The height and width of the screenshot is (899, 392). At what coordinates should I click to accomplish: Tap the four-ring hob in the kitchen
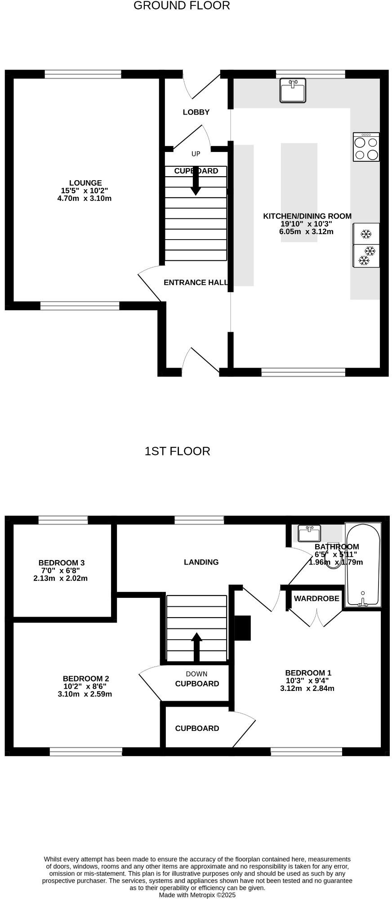coord(366,147)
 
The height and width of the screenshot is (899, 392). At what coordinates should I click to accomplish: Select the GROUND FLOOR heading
coord(182,6)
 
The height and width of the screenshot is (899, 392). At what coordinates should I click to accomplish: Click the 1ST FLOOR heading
coord(177,451)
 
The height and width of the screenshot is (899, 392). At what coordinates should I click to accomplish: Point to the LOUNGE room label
coord(85,183)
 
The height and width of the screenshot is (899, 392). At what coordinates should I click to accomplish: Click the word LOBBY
coord(196,112)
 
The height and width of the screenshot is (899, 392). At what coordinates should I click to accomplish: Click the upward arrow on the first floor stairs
coord(196,646)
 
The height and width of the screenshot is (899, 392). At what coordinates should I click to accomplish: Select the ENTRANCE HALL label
coord(196,283)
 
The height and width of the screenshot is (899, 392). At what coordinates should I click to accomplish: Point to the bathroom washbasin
coord(309,534)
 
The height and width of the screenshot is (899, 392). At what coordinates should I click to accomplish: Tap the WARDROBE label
coord(316,599)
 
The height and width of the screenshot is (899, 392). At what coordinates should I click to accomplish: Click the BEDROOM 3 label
coord(62,563)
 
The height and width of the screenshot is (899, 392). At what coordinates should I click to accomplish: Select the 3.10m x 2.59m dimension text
coord(85,694)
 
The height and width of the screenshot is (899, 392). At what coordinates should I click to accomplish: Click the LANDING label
coord(201,562)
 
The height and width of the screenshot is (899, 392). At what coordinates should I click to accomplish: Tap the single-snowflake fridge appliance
coord(366,234)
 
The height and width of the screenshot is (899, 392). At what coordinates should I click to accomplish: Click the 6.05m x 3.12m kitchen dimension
coord(306,232)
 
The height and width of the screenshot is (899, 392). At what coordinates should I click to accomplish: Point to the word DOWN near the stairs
coord(196,674)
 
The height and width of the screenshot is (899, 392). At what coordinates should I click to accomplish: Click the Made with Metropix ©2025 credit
coord(197,895)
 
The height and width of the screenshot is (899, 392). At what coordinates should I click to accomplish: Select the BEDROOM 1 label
coord(308,673)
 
